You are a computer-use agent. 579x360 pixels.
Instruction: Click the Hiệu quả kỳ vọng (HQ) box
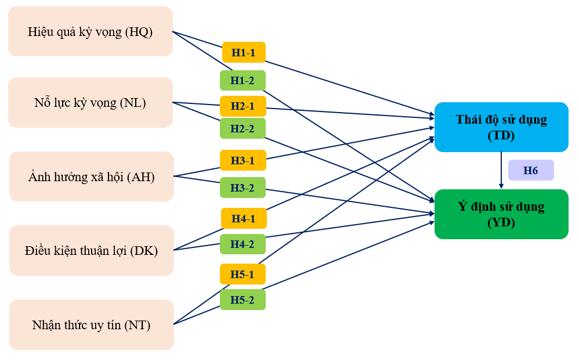tap(90, 32)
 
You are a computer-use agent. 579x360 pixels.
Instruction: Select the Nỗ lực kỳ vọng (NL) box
tap(90, 103)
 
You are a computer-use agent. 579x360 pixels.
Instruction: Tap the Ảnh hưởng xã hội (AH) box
tap(91, 177)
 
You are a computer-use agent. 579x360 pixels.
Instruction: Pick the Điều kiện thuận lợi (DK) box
tap(91, 250)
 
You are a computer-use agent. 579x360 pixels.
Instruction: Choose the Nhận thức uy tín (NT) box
tap(91, 325)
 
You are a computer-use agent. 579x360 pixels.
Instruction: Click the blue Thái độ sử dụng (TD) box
tap(501, 127)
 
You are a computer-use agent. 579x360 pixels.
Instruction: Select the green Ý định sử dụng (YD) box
tap(501, 214)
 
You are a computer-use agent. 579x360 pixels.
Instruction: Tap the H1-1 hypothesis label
tap(244, 52)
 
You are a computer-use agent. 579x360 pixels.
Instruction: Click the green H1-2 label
tap(243, 80)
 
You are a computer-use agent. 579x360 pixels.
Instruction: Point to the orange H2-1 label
tap(243, 106)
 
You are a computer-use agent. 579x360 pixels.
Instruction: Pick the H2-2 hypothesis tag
tap(243, 128)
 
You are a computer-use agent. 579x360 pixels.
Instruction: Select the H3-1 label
tap(243, 160)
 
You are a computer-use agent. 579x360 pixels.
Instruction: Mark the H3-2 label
tap(243, 188)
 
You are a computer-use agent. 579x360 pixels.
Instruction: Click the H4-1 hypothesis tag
tap(244, 218)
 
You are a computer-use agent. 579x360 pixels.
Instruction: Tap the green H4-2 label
tap(243, 244)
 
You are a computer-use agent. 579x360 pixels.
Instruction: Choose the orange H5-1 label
tap(243, 274)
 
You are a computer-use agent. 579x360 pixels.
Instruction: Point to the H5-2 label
tap(243, 300)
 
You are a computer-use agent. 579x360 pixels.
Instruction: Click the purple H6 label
tap(531, 170)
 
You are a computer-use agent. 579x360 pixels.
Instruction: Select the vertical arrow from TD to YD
tap(501, 170)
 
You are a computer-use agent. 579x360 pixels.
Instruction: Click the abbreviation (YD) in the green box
tap(501, 222)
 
